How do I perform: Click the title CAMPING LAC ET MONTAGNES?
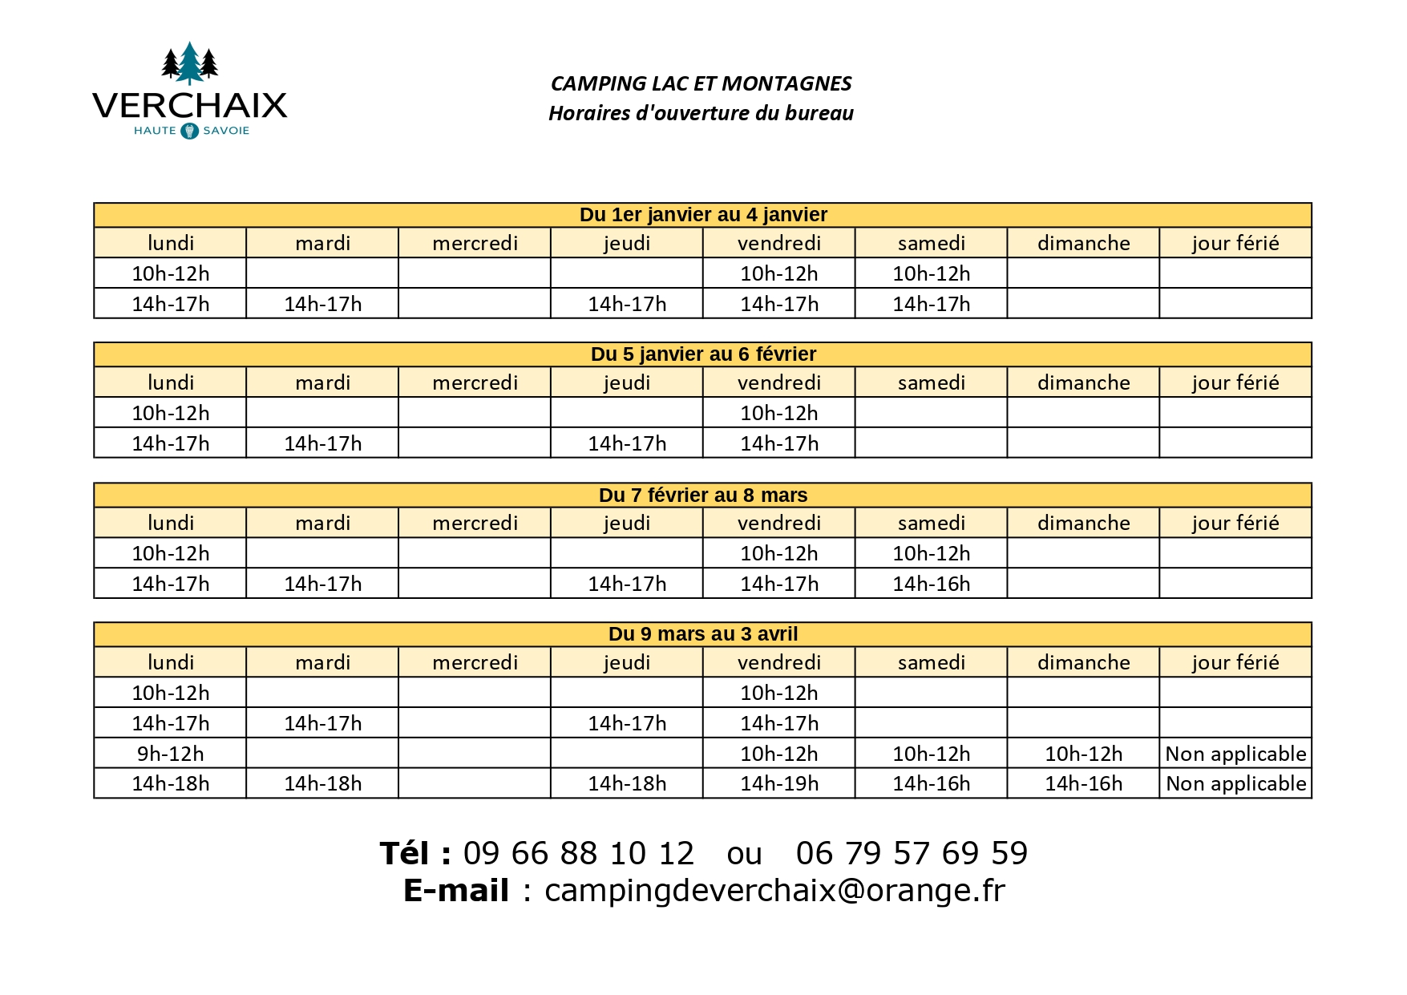701,83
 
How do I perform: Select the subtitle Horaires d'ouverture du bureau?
701,113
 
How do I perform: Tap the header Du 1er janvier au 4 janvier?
703,215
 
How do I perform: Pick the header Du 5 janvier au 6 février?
703,354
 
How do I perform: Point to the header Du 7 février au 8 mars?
703,495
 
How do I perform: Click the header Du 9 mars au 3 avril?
703,634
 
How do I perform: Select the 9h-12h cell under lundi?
170,754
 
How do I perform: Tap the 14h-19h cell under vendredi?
779,783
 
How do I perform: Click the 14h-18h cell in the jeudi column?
627,783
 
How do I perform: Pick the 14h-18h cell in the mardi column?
322,783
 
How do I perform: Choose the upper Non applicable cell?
1235,754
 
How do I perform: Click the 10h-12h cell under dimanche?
1083,754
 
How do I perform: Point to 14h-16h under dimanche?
1083,783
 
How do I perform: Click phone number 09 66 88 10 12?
578,853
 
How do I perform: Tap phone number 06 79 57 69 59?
912,853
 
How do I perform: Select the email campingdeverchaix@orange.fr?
774,891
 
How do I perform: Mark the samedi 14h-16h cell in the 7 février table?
931,584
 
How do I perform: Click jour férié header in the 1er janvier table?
1235,243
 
